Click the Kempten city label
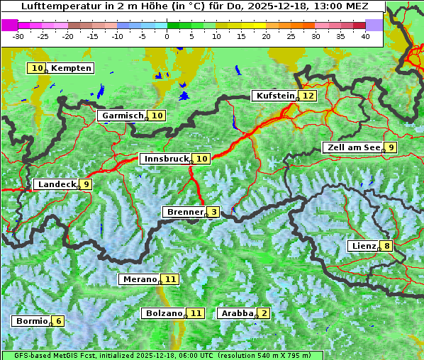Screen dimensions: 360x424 71,68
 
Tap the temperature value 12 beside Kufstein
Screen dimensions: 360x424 308,96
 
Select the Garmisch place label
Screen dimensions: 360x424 122,116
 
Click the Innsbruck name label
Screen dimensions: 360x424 166,159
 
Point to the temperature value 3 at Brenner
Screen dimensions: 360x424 213,212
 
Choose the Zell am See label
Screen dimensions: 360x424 352,147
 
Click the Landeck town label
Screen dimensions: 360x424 56,184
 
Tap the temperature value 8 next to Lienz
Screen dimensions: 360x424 386,246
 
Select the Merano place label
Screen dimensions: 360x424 139,279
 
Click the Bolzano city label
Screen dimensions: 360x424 164,313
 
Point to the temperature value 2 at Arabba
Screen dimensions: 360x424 264,313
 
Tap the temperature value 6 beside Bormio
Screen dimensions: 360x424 59,321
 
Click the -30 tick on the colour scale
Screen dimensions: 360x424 18,35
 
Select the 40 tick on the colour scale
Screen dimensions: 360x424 365,35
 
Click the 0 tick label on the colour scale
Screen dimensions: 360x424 167,35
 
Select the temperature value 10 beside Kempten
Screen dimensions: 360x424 38,68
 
